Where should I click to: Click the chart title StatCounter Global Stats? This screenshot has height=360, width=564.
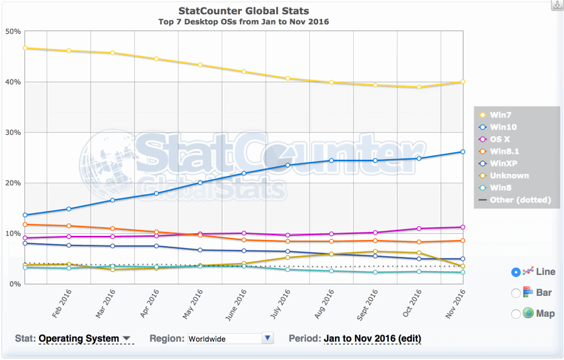click(x=243, y=11)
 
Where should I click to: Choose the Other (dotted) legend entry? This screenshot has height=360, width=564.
click(x=520, y=200)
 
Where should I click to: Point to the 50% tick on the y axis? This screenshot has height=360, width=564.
click(x=13, y=31)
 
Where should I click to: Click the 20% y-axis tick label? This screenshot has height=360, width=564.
click(x=13, y=183)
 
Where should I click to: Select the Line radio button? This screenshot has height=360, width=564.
click(x=516, y=272)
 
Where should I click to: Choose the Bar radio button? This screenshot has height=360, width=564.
click(x=516, y=293)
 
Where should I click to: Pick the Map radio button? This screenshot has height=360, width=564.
click(x=516, y=313)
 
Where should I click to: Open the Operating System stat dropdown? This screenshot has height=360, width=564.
click(x=85, y=338)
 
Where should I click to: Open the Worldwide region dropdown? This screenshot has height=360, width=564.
click(x=230, y=338)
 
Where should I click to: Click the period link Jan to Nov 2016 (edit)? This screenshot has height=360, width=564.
click(x=373, y=338)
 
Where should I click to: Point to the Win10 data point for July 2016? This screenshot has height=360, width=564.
click(x=288, y=165)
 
